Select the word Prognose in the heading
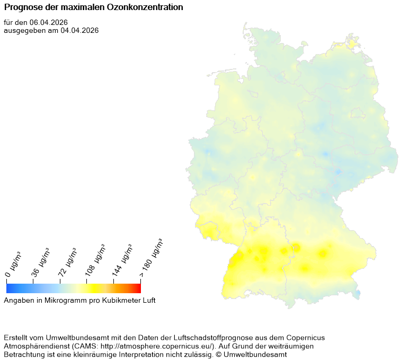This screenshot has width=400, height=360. point(22,8)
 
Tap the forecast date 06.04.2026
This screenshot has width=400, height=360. point(49,22)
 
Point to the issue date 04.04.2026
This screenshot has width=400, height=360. point(80,30)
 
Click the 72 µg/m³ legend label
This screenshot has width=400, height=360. point(68,262)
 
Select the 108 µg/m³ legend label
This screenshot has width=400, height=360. point(95,261)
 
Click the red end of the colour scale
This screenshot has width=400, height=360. point(138,288)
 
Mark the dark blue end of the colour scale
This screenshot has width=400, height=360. point(9,288)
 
